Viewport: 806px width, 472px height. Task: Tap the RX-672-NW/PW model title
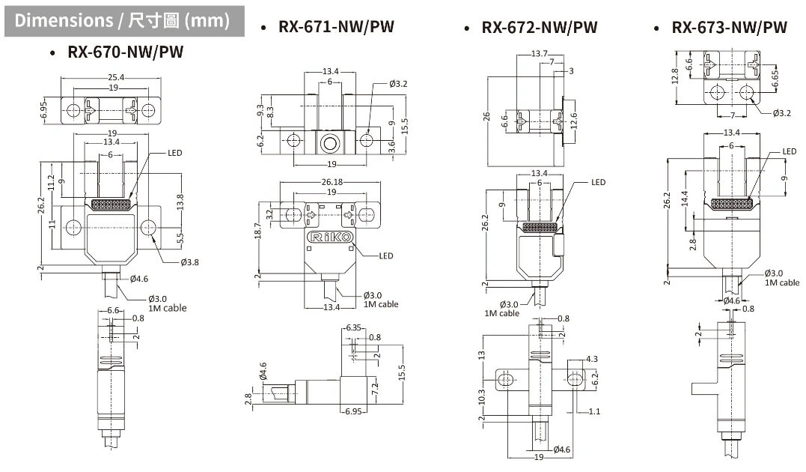coord(539,28)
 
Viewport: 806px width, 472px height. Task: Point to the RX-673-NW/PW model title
coord(729,28)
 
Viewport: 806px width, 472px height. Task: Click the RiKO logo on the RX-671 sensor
coord(330,238)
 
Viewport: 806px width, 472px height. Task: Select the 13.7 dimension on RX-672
coord(539,54)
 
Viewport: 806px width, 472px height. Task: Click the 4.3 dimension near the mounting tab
coord(592,359)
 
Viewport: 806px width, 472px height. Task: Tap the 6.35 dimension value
coord(353,328)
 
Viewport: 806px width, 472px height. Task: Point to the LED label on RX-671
coord(386,255)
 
